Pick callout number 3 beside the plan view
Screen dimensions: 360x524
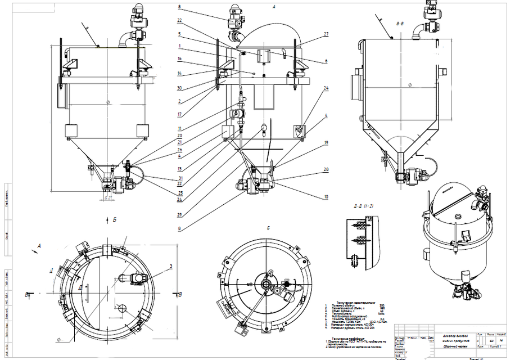171,265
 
